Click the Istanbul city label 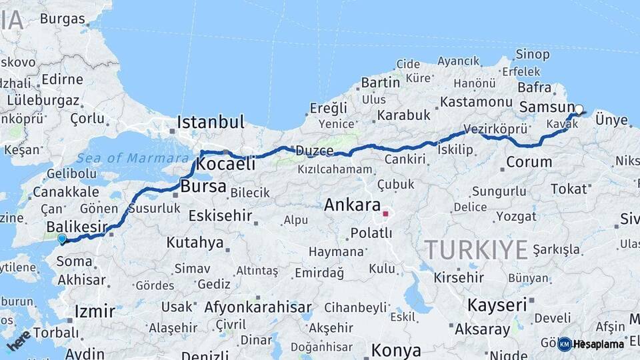[x=211, y=123]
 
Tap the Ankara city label [x=352, y=205]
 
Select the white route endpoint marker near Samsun [x=579, y=109]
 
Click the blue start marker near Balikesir [x=62, y=239]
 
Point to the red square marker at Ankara [x=385, y=214]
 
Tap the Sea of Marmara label [x=133, y=158]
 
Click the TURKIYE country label [x=477, y=250]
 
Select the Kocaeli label [x=227, y=164]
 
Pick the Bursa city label [x=203, y=186]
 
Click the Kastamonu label [x=475, y=102]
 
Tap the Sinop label [x=533, y=54]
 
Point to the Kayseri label [x=497, y=305]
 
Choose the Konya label [x=396, y=351]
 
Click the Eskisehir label [x=220, y=215]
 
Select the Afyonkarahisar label [x=258, y=307]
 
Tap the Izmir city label [x=95, y=311]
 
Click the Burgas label [x=62, y=19]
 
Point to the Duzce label [x=315, y=151]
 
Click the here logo [x=19, y=340]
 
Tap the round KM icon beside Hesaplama [x=565, y=344]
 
